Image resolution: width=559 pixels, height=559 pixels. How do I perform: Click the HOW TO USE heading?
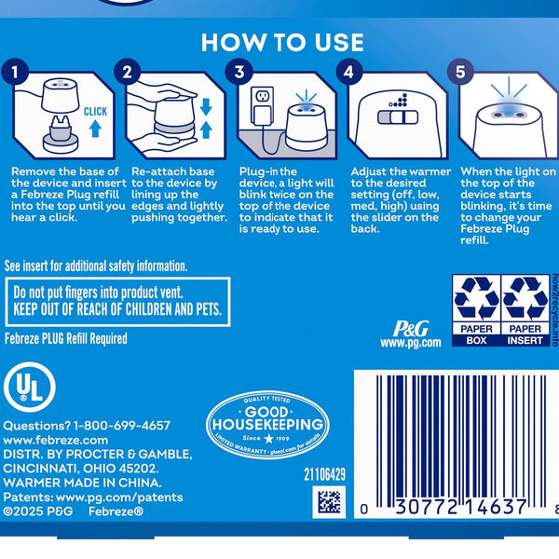[282, 43]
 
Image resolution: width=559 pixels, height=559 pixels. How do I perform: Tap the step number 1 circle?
[13, 71]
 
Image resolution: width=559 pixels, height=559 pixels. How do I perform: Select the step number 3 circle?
[240, 71]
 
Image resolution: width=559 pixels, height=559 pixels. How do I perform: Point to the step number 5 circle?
[460, 71]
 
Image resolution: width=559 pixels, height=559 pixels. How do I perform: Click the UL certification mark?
[30, 387]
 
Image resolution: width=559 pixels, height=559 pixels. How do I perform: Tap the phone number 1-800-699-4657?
[121, 425]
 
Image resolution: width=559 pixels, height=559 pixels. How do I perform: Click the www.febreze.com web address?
[56, 440]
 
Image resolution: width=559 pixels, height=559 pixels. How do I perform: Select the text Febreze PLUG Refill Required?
[66, 339]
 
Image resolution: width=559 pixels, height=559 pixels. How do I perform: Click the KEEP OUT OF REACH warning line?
[117, 309]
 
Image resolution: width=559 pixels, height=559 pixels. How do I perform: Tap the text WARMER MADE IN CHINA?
[83, 484]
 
